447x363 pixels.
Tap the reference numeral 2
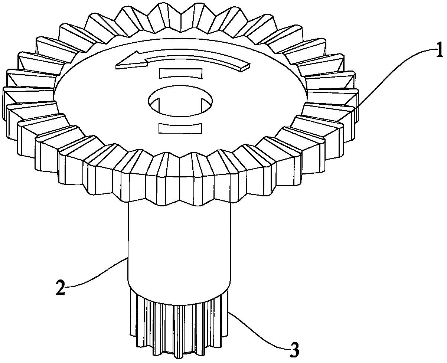(x=61, y=288)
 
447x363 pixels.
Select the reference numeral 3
(x=294, y=350)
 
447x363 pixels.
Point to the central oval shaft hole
(x=180, y=101)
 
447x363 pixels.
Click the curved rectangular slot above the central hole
(x=181, y=73)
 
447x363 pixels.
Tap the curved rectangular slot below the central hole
(x=180, y=128)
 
